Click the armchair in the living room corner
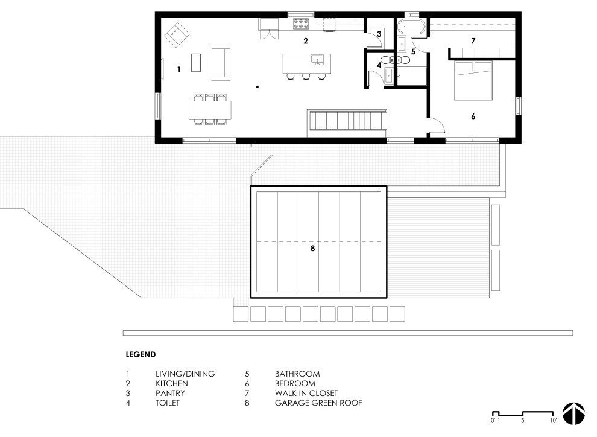(177, 35)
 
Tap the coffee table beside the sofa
(196, 63)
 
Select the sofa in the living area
(221, 63)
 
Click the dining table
(210, 110)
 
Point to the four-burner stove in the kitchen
(301, 24)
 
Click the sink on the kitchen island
(317, 60)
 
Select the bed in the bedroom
(473, 80)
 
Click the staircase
(347, 124)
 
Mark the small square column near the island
(257, 87)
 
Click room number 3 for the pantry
(379, 34)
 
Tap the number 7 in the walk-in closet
(473, 41)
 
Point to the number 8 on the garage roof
(312, 249)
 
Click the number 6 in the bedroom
(473, 116)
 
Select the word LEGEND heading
(141, 355)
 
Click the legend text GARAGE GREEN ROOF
(318, 403)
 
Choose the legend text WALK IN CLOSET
(306, 393)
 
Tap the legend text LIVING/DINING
(185, 374)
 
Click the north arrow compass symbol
(573, 413)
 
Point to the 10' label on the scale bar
(553, 421)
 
